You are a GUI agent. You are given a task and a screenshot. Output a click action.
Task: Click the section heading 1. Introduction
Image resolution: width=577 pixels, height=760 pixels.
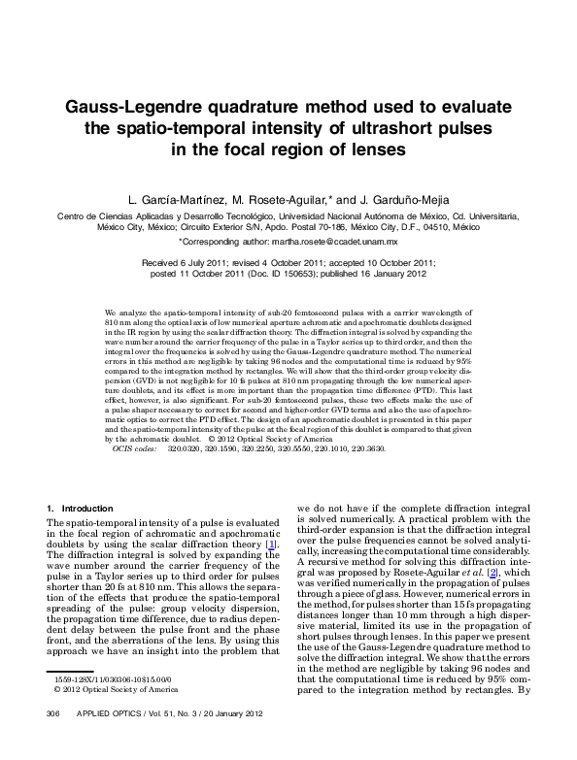(80, 509)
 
